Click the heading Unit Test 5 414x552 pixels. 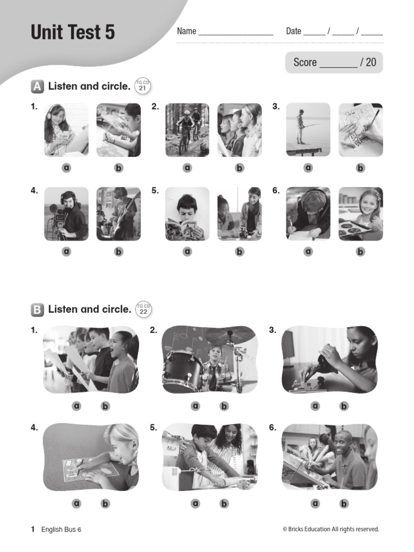(x=73, y=32)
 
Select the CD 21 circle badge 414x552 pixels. (x=143, y=86)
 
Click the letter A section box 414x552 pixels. (x=37, y=86)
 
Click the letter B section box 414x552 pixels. (x=37, y=309)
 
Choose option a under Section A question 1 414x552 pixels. (x=66, y=168)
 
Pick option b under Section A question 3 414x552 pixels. (x=360, y=168)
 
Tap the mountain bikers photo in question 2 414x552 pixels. (x=187, y=130)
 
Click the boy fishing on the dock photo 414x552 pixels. (x=308, y=130)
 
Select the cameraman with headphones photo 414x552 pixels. (x=66, y=213)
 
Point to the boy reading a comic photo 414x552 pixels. (x=187, y=213)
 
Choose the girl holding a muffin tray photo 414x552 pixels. (x=360, y=213)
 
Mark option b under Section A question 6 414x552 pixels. (x=360, y=251)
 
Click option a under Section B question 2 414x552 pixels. (x=195, y=406)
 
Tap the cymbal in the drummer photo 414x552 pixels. (x=229, y=335)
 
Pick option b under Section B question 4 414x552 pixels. (x=105, y=503)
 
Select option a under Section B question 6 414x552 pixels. (x=315, y=503)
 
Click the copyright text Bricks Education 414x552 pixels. (x=331, y=529)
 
